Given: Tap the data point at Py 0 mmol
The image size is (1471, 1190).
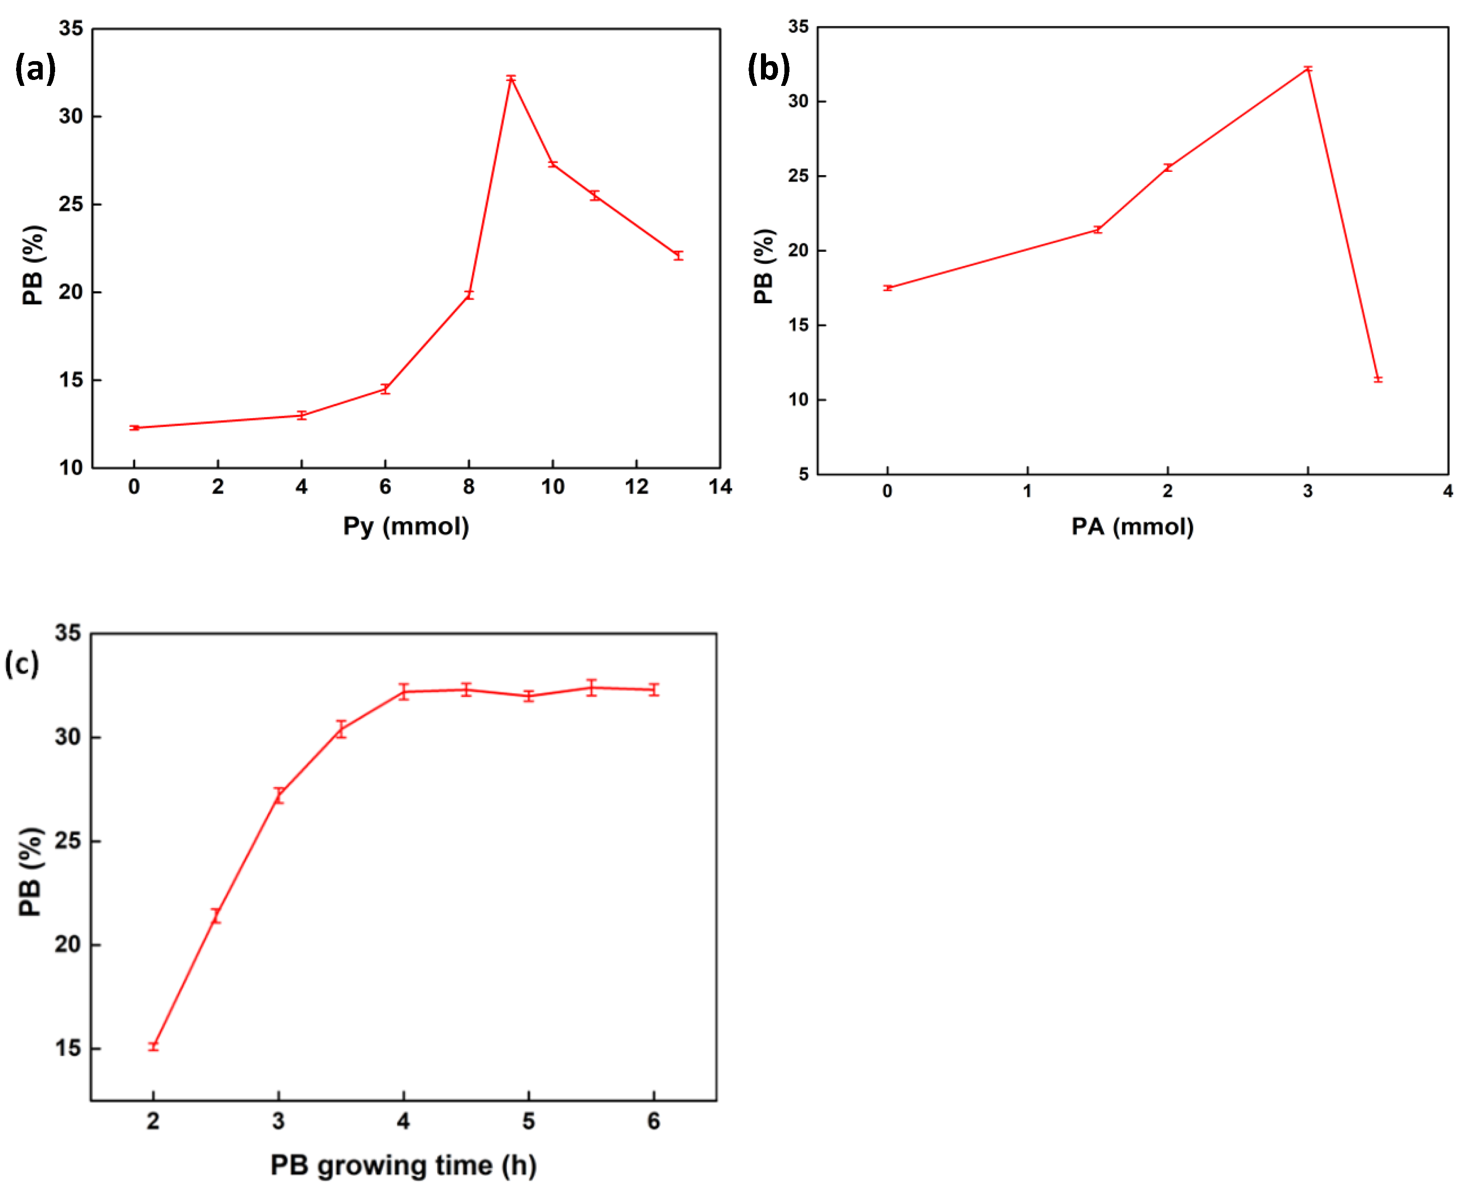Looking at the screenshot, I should tap(134, 428).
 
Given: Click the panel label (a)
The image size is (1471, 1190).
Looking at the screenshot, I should tap(35, 69).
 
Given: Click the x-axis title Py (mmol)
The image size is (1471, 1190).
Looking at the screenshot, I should tap(406, 527).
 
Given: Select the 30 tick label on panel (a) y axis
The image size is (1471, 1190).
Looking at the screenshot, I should tap(71, 117).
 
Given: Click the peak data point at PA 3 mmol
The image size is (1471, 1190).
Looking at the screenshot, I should tap(1308, 68).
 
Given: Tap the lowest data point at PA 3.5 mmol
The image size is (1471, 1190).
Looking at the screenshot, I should tap(1378, 379).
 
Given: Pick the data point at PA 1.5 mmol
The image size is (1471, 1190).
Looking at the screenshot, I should tap(1098, 230).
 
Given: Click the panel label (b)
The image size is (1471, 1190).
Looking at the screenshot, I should tap(768, 69).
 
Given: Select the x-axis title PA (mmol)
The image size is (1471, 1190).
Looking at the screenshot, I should tap(1133, 527).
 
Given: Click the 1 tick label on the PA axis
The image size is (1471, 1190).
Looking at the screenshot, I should tap(1027, 491).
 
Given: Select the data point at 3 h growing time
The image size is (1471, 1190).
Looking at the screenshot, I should tap(279, 796).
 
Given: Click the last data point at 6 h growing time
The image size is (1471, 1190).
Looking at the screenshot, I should tap(654, 690).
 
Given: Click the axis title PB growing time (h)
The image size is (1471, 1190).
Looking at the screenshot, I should tap(404, 1165).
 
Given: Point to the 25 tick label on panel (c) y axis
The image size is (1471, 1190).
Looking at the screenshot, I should tap(68, 841).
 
